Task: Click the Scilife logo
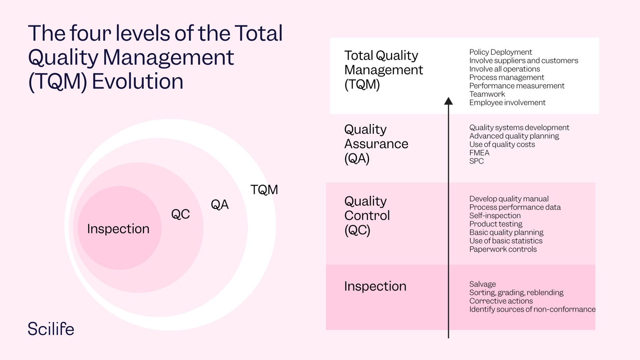coord(51,329)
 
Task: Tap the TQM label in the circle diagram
coord(264,190)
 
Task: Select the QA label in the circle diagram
coord(220,205)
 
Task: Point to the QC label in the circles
coord(181,214)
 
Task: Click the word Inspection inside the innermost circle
coord(118,229)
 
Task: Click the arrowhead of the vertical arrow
coord(448,101)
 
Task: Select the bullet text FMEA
coord(479,153)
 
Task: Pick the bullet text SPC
coord(476,161)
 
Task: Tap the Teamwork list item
coord(487,94)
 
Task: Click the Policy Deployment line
coord(500,52)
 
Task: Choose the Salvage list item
coord(482,284)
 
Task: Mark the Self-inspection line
coord(494,216)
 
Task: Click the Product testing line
coord(495,224)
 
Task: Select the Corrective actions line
coord(501,301)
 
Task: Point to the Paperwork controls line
coord(503,249)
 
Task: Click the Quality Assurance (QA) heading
coord(376,144)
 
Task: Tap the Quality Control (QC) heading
coord(366,215)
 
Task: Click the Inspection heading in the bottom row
coord(375,286)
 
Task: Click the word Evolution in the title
coord(137,81)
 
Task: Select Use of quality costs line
coord(502,144)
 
